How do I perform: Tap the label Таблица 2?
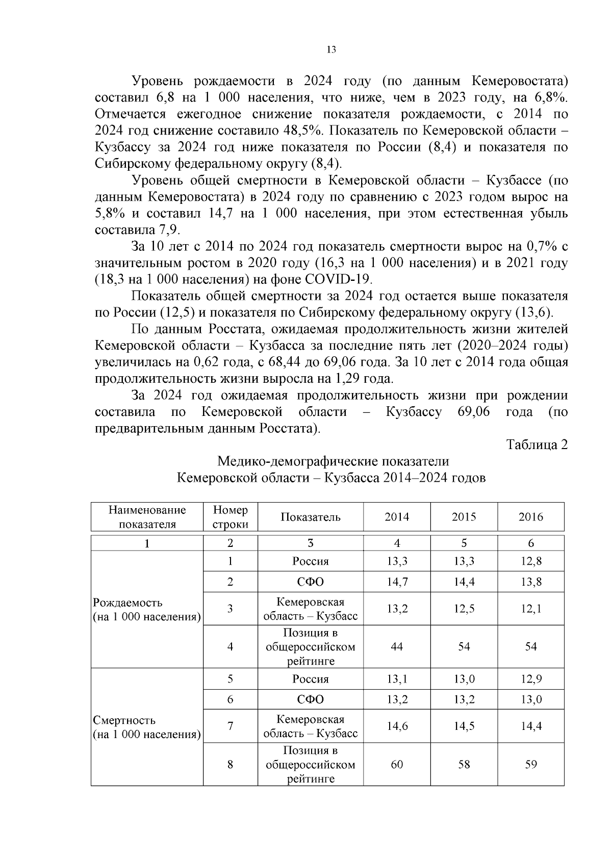coord(537,444)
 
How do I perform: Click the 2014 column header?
coord(397,517)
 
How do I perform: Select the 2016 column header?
coord(531,517)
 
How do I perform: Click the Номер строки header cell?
coord(230,517)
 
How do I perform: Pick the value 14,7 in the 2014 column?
coord(397,582)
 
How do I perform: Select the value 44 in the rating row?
coord(397,646)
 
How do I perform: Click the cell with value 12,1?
coord(531,609)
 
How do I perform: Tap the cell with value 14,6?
coord(397,726)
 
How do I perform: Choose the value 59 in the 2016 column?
coord(531,765)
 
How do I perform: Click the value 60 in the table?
coord(397,765)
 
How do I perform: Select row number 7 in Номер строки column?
coord(230,726)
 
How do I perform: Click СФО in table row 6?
coord(310,699)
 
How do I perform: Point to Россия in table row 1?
coord(310,561)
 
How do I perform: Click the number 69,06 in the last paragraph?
coord(474,412)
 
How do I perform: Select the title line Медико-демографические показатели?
coord(333,461)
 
